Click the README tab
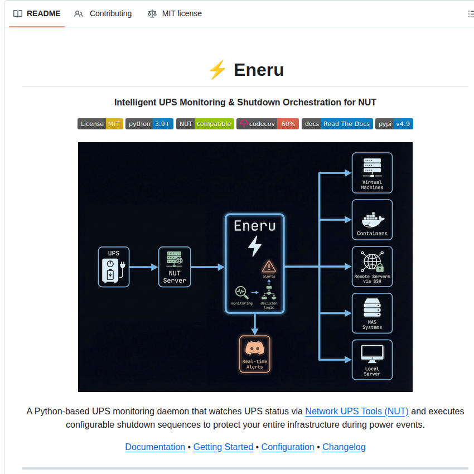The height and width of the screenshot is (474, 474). tap(37, 13)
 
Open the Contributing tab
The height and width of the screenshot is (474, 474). tap(103, 13)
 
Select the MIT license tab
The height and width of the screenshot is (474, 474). tap(175, 13)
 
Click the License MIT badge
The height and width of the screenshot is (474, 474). tap(100, 124)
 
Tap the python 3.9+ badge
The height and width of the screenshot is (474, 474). tap(149, 124)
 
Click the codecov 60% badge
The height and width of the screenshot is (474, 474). tap(268, 124)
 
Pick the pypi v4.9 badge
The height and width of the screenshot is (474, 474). tap(394, 124)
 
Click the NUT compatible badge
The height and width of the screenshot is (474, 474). tap(205, 124)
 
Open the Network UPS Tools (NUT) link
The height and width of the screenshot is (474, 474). tap(357, 412)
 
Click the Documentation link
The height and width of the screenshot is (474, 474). tap(155, 447)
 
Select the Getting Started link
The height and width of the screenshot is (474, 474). tap(223, 447)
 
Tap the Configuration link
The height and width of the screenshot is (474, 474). tap(288, 447)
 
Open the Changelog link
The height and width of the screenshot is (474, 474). tap(344, 447)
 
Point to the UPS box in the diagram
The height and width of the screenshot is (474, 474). tap(114, 267)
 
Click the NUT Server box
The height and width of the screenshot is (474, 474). tap(175, 267)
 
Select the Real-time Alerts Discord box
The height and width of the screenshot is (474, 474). tap(254, 354)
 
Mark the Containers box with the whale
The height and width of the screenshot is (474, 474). tap(372, 220)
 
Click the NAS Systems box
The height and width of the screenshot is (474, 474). tap(372, 313)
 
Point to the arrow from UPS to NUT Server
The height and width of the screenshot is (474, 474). tap(144, 267)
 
